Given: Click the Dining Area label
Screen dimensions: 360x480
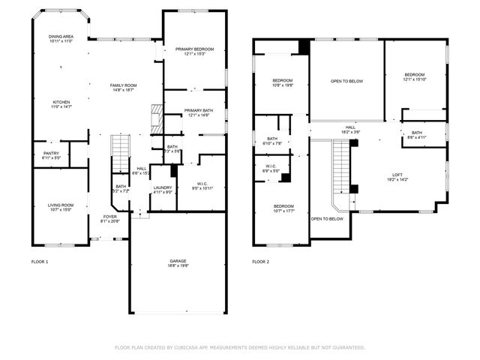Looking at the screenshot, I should tap(61, 38).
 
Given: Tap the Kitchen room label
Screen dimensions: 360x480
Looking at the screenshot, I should tap(61, 104).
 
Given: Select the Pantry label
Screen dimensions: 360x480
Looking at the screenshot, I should tap(51, 155).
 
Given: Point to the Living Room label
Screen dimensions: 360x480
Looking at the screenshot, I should tap(61, 206).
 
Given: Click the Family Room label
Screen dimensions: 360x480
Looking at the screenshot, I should tap(124, 88).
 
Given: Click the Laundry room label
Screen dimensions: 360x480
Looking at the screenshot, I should tap(163, 190).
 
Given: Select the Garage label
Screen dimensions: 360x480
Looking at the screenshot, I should tap(178, 262).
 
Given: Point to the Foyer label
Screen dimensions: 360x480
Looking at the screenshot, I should tap(109, 218).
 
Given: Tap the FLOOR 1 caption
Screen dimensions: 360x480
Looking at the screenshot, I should tap(39, 262).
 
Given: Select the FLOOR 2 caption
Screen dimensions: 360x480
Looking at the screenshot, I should tap(260, 262).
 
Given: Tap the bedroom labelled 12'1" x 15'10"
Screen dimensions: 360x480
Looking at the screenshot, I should tap(415, 76).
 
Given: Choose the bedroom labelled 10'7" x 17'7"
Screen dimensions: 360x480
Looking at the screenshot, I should tap(283, 208).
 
